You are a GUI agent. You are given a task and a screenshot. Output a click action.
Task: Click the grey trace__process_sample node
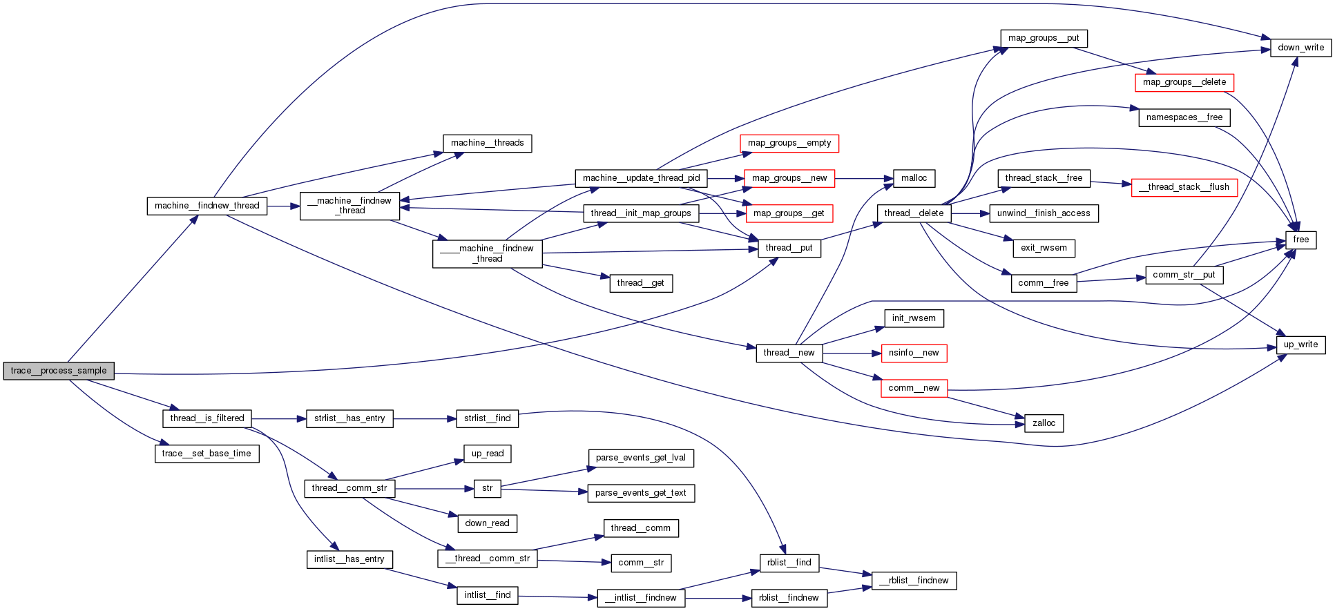click(59, 371)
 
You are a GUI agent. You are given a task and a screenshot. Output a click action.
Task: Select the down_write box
click(1300, 48)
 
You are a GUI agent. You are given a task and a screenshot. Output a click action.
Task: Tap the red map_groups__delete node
click(1184, 82)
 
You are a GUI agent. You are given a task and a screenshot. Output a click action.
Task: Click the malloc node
click(914, 178)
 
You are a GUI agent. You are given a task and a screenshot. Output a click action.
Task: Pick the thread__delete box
click(913, 213)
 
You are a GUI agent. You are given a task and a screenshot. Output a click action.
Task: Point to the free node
click(1300, 240)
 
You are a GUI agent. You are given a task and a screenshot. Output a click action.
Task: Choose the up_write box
click(1300, 345)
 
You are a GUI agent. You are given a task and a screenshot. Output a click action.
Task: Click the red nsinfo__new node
click(913, 353)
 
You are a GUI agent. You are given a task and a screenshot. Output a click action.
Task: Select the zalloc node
click(1044, 423)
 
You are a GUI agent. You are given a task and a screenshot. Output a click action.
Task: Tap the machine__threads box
click(487, 143)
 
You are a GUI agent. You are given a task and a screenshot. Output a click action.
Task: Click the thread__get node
click(640, 283)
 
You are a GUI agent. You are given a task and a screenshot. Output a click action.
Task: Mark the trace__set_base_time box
click(207, 454)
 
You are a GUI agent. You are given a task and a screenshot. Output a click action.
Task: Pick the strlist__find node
click(487, 418)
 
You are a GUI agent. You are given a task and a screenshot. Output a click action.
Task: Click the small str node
click(487, 488)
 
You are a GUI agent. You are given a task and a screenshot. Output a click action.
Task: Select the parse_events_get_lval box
click(640, 458)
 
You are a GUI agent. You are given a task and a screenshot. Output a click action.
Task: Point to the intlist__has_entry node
click(349, 559)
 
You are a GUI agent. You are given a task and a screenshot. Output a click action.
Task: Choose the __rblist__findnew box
click(914, 581)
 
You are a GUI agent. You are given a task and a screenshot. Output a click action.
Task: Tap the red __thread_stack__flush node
click(1184, 187)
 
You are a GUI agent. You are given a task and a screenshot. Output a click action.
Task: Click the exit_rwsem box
click(1044, 248)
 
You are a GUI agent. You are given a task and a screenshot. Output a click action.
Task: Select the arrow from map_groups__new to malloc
click(863, 178)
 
